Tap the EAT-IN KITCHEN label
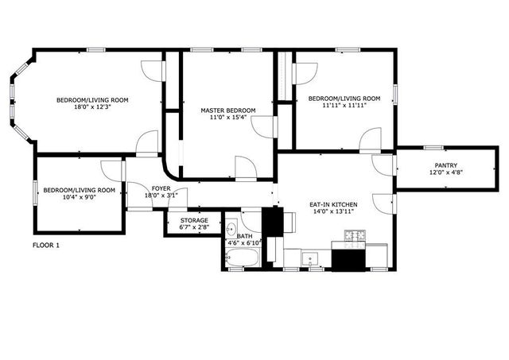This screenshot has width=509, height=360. coord(333,205)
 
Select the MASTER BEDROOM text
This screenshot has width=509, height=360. coord(228,110)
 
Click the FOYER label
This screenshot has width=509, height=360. coord(161,188)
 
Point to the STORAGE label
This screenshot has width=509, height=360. coord(193,220)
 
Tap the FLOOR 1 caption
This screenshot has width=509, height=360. coord(45,246)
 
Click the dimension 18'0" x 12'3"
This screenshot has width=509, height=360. coord(91,106)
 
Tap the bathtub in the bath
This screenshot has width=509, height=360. coord(242,257)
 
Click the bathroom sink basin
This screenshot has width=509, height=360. coord(231,224)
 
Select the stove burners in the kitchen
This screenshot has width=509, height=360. coord(355,236)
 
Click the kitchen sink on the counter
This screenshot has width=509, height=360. coord(309,257)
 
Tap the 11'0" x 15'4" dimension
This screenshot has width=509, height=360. coord(228,117)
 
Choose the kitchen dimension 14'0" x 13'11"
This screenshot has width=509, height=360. coord(333,212)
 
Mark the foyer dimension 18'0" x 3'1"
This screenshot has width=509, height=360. coord(161,195)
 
